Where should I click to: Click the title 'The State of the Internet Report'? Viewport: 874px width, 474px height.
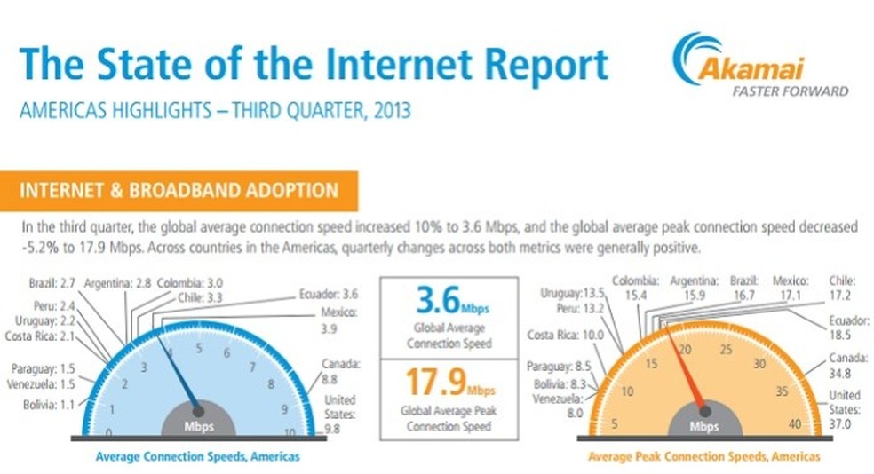pos(313,64)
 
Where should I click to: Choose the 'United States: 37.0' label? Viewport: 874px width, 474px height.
pos(844,410)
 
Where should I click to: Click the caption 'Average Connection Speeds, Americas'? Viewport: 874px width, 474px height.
pos(197,456)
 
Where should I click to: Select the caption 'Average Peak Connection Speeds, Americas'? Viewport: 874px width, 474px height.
pos(703,456)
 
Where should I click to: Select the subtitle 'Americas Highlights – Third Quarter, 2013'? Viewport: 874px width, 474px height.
pos(215,113)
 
